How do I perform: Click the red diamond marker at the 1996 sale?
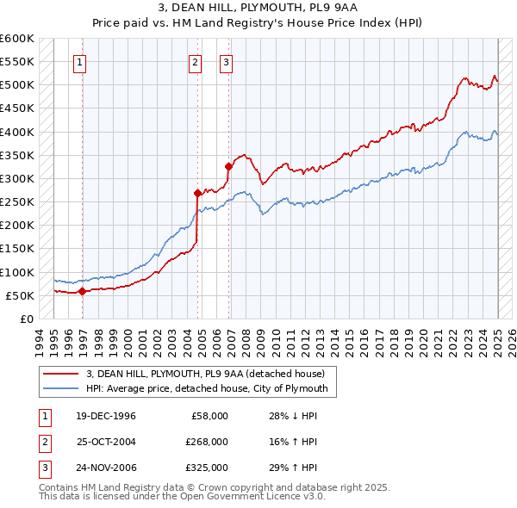click(x=83, y=291)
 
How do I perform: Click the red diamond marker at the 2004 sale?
click(x=198, y=194)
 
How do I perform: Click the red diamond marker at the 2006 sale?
click(x=228, y=167)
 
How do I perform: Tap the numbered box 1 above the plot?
click(x=79, y=61)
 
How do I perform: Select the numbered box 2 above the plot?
click(x=195, y=61)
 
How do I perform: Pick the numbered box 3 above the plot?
click(x=225, y=61)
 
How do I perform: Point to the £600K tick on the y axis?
click(x=17, y=39)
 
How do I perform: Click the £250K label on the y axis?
click(x=17, y=201)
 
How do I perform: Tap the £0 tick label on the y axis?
click(x=26, y=319)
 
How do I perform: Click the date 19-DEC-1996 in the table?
click(x=106, y=415)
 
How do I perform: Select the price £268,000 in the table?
click(x=207, y=442)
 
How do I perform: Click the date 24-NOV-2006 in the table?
click(x=107, y=468)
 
